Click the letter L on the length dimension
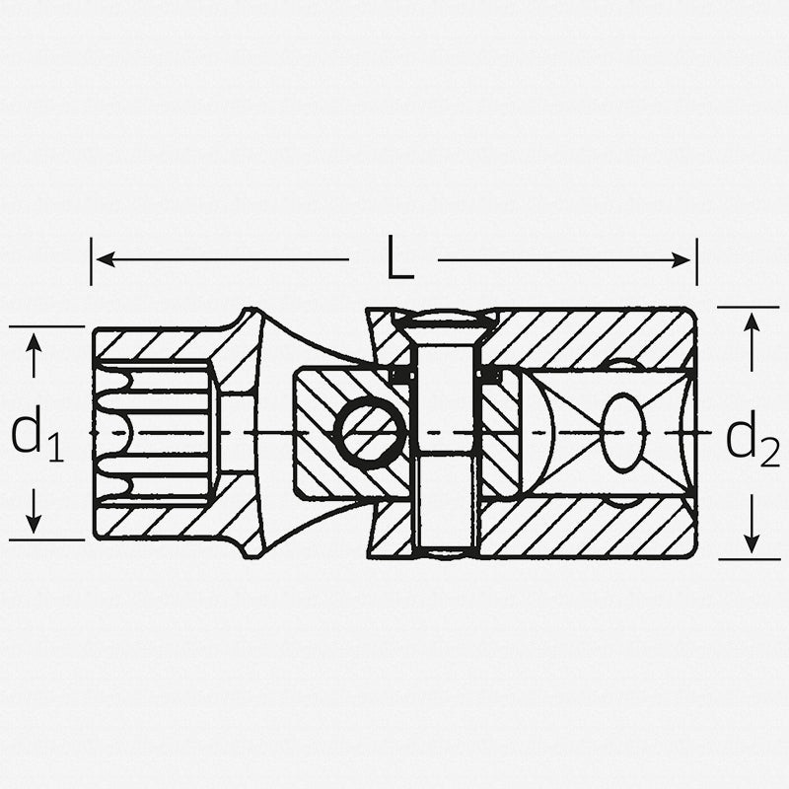click(398, 260)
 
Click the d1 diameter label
click(37, 434)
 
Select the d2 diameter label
click(753, 438)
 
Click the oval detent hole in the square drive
click(622, 433)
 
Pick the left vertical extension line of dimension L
click(91, 260)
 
